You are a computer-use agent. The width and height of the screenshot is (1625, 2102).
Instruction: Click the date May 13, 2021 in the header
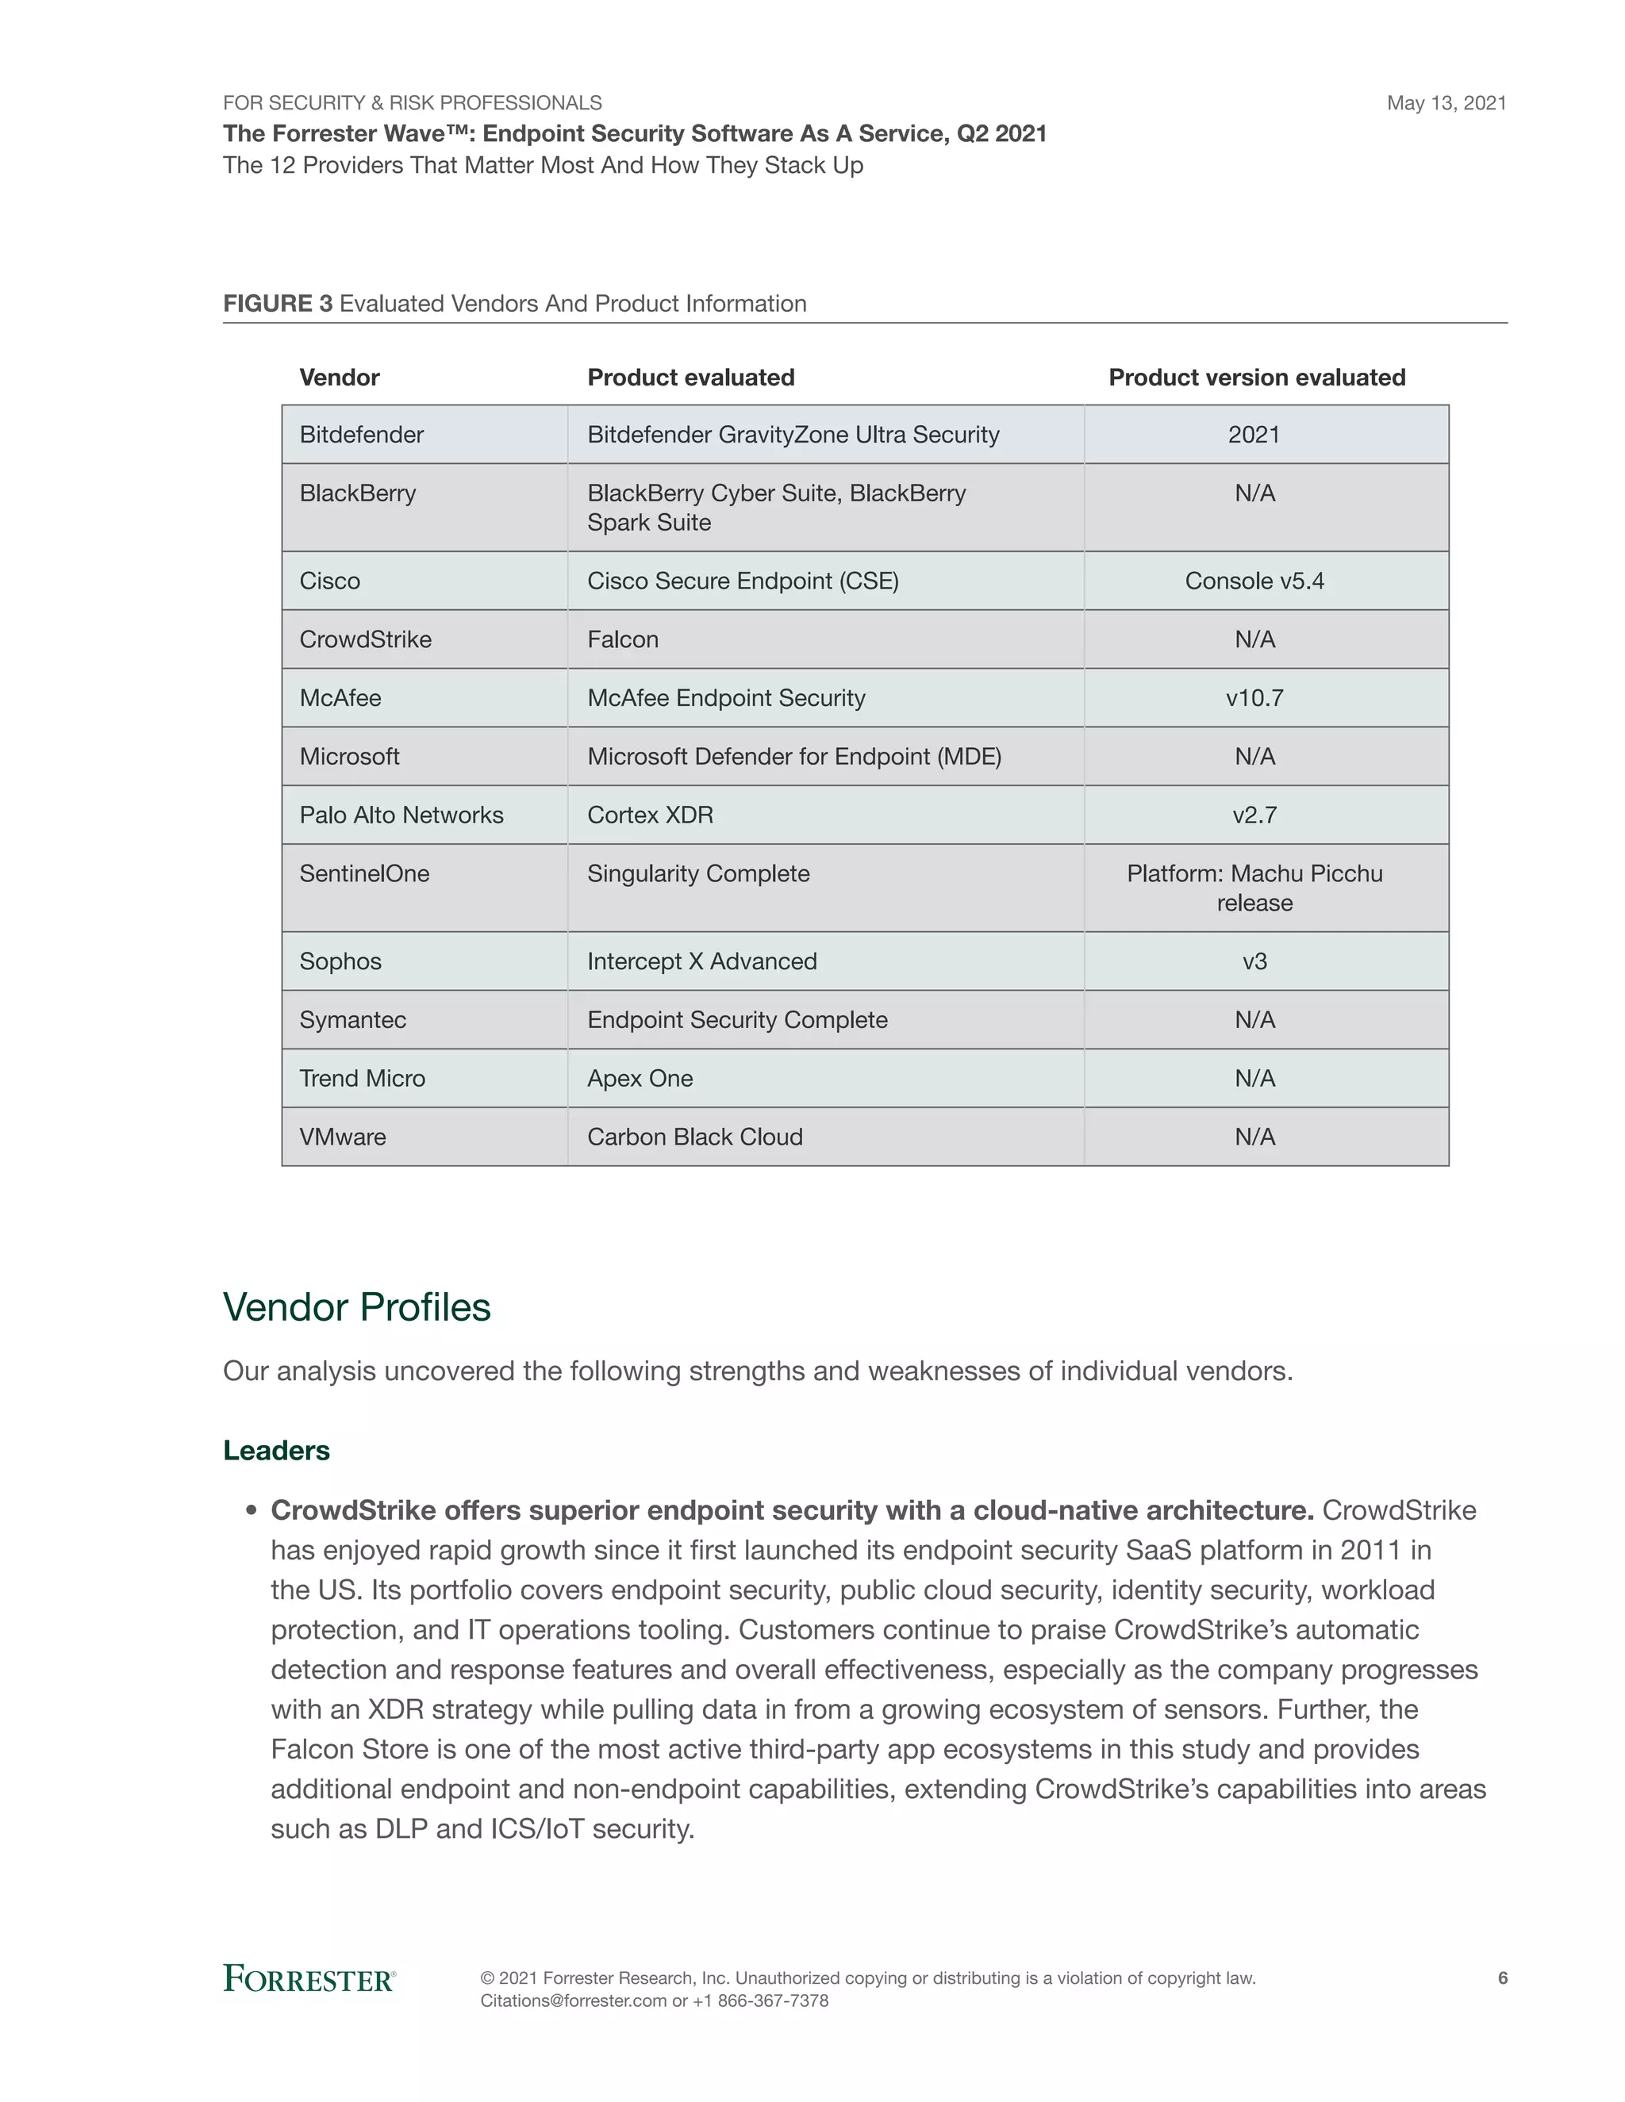(1446, 103)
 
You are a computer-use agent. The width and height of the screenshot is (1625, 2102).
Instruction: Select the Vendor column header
(339, 378)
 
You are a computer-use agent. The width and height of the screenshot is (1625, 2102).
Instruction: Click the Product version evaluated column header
(1256, 378)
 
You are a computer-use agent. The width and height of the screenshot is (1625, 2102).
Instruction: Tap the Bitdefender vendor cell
(361, 435)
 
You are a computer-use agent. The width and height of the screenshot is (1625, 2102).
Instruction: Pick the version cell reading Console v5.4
(1254, 581)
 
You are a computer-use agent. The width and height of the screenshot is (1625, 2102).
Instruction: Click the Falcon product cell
(623, 640)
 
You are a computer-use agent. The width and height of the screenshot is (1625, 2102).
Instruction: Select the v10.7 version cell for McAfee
(1254, 698)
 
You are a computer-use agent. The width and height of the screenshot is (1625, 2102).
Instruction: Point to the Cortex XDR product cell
(650, 815)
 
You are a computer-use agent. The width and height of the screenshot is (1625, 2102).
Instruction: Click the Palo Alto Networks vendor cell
(401, 815)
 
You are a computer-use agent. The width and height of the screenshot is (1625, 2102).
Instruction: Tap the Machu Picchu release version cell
(1254, 888)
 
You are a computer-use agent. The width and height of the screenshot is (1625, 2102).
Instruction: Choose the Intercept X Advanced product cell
(701, 961)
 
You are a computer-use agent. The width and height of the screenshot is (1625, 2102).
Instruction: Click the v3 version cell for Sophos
(1254, 961)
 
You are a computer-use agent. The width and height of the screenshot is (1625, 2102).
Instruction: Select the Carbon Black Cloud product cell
(694, 1137)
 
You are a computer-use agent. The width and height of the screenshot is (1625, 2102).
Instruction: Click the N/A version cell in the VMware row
(1254, 1137)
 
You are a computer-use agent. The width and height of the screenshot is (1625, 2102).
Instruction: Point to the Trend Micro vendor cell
(362, 1078)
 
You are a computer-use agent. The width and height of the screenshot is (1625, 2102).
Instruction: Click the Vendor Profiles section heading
(356, 1307)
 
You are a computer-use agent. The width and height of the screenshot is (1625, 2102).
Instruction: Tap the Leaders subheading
(276, 1451)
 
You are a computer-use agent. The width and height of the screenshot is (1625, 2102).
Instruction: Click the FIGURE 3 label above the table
(277, 304)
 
